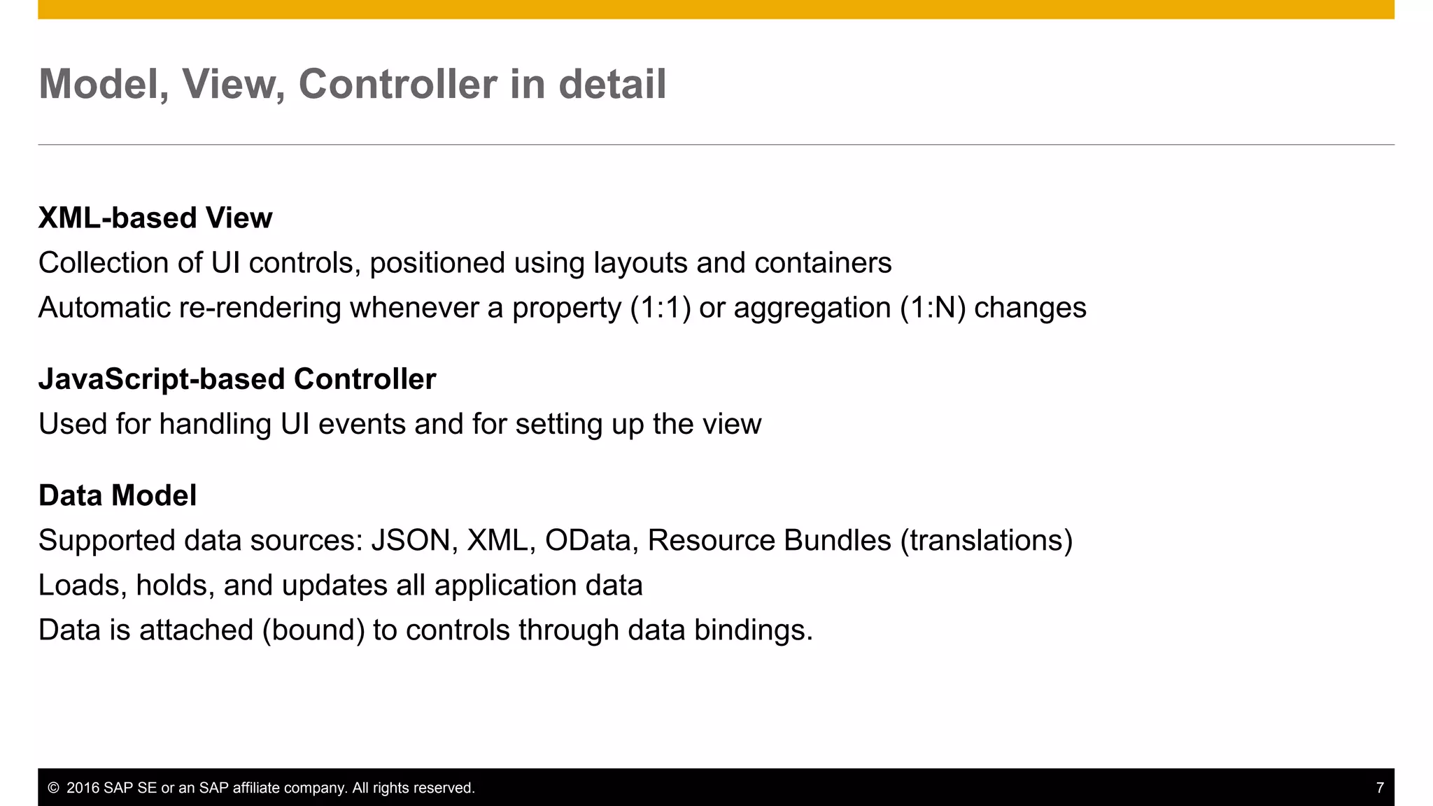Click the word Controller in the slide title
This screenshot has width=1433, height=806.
click(x=398, y=84)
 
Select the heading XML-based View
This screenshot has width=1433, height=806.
click(x=155, y=218)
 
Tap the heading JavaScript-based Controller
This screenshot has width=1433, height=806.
click(x=237, y=379)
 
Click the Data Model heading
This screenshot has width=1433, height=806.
click(x=118, y=495)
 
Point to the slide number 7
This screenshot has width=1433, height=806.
click(x=1380, y=788)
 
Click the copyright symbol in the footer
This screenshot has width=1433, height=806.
click(x=53, y=788)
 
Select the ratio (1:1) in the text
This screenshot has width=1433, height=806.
click(x=660, y=308)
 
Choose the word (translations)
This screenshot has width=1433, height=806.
click(x=986, y=540)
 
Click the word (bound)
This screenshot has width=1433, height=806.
click(x=313, y=630)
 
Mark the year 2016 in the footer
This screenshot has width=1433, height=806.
click(x=83, y=788)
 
